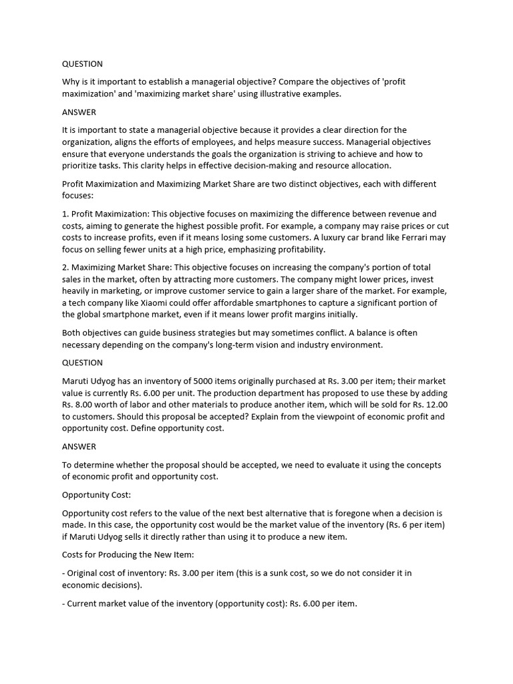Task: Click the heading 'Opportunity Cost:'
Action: pyautogui.click(x=96, y=495)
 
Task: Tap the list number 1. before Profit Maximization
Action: pyautogui.click(x=65, y=214)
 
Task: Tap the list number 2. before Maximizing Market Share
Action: pyautogui.click(x=65, y=267)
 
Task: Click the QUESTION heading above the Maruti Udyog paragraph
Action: pyautogui.click(x=82, y=363)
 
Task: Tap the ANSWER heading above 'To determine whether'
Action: pyautogui.click(x=79, y=446)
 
